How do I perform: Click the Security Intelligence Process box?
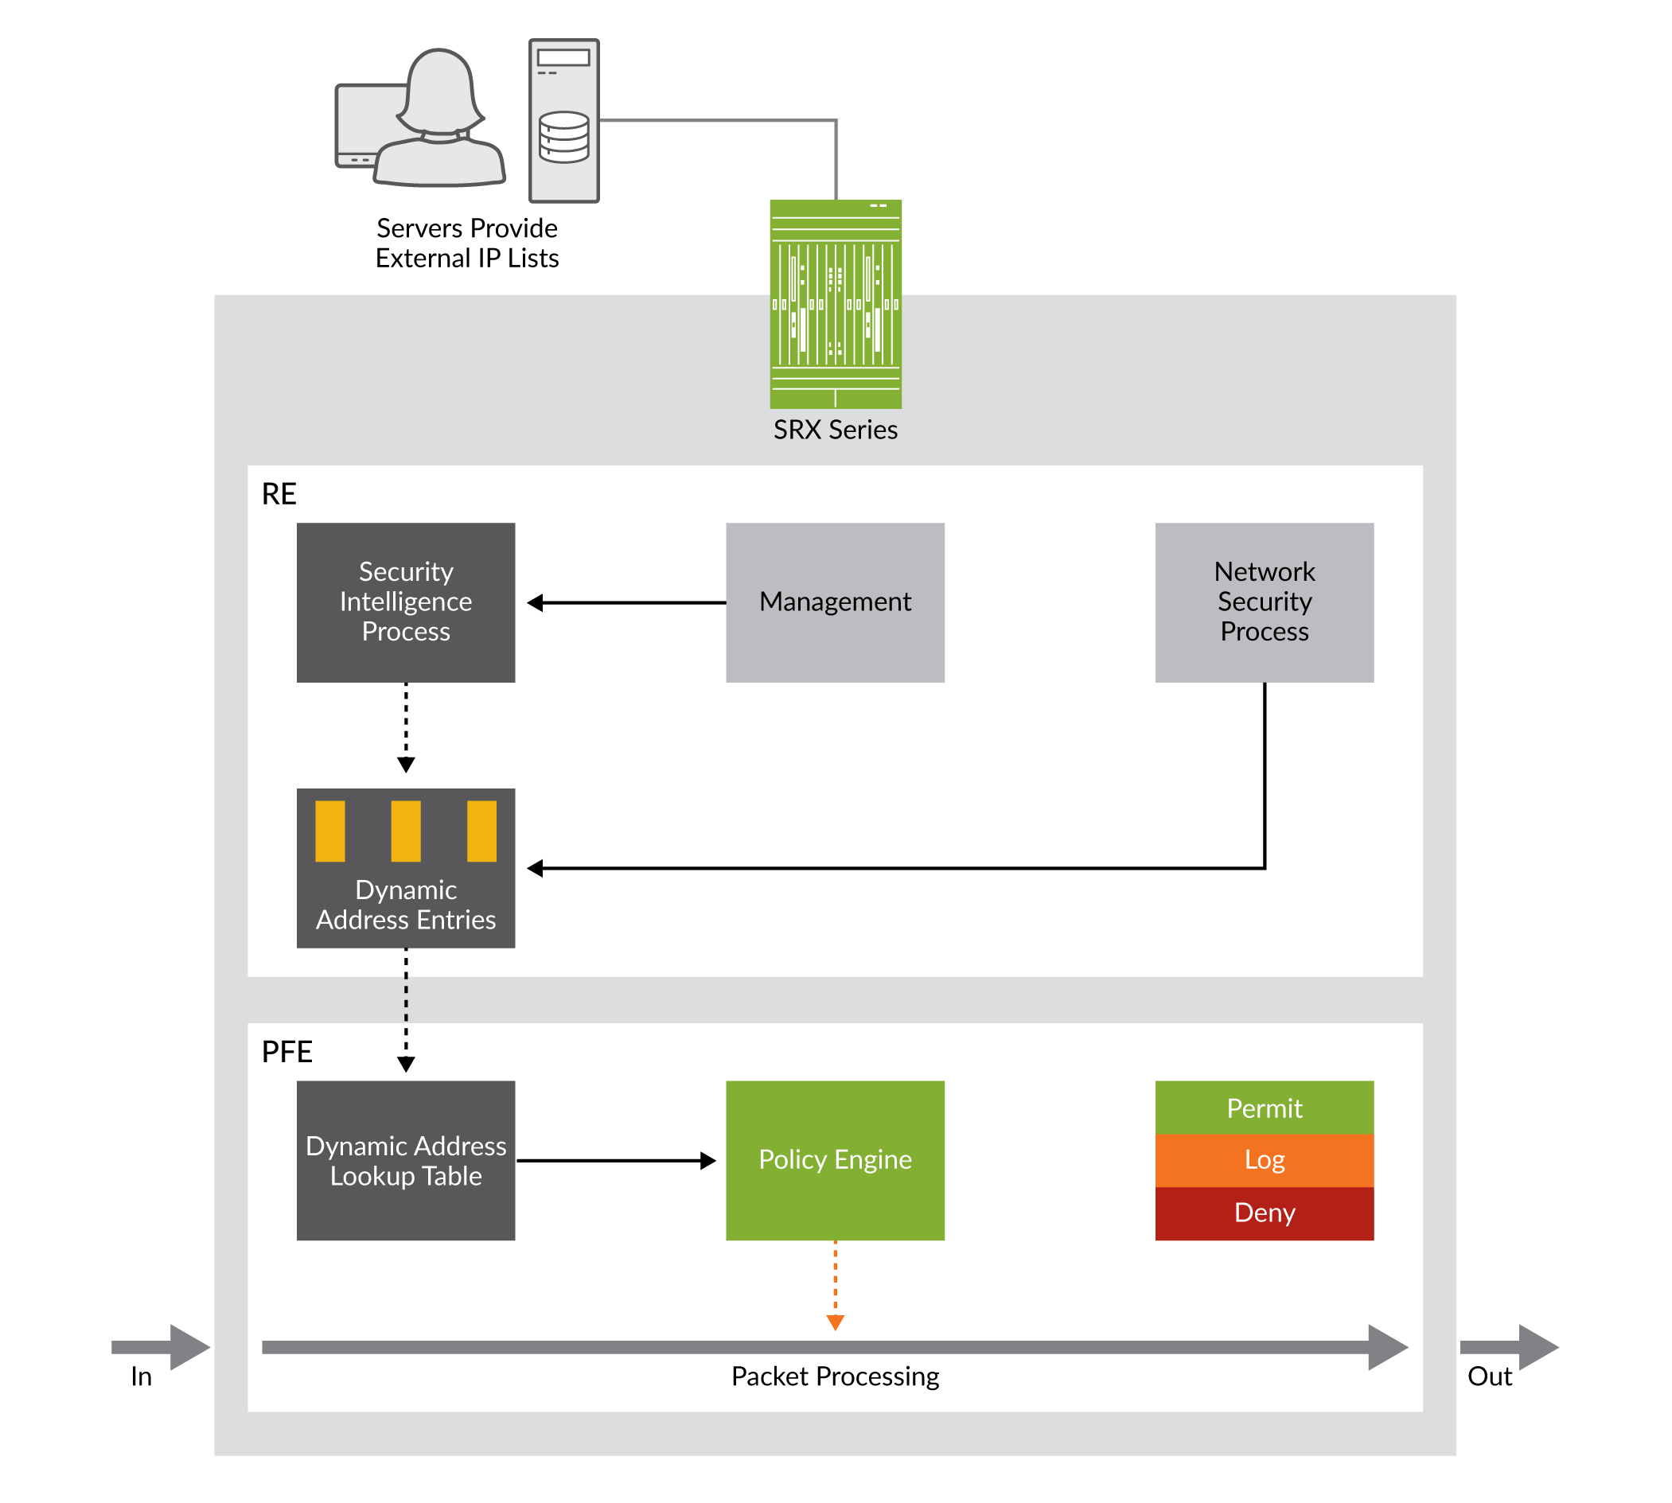(406, 602)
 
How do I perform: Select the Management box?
(834, 602)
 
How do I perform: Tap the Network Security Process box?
(1264, 602)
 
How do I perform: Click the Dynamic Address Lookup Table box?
(406, 1160)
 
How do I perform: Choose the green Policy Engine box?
(834, 1160)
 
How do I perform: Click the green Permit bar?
(1264, 1108)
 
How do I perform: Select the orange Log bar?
(1264, 1160)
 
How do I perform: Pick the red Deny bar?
(1264, 1213)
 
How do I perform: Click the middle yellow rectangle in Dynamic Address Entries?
(406, 831)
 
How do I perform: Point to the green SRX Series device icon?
(835, 304)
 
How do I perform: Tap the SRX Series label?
(835, 430)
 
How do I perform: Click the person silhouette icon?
(440, 119)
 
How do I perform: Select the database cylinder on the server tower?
(564, 137)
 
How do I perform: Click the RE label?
(279, 494)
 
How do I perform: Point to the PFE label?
(286, 1051)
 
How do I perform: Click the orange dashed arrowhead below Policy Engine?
(835, 1323)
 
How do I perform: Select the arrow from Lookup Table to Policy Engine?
(615, 1160)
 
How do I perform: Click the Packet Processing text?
(834, 1376)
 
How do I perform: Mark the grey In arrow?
(162, 1347)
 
